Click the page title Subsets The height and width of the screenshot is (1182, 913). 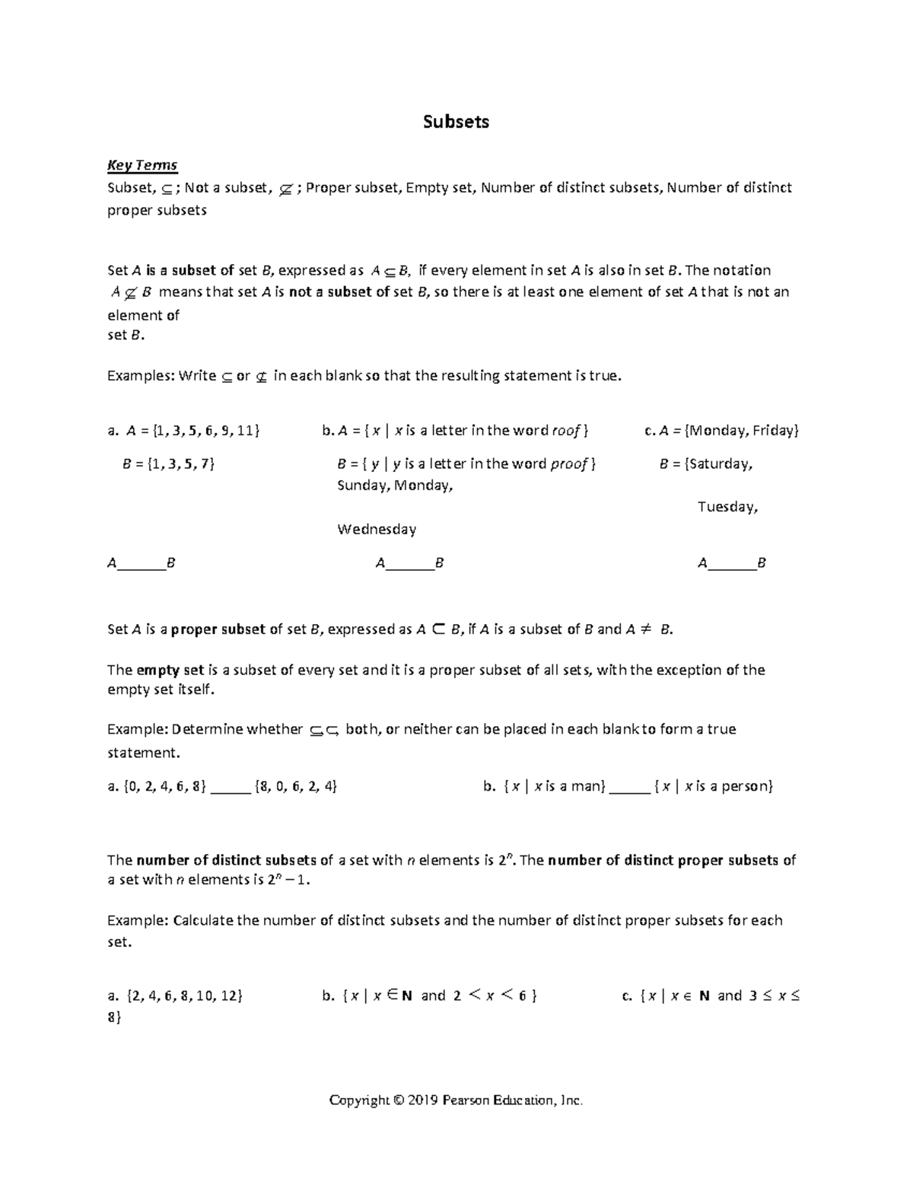click(x=456, y=122)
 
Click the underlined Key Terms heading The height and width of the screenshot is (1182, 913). click(x=142, y=165)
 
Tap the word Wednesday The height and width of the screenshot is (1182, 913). click(x=377, y=529)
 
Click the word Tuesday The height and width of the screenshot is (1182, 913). click(x=727, y=507)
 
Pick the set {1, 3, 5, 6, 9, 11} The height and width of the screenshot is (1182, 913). click(x=206, y=431)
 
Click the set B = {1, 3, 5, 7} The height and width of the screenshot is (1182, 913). click(x=168, y=464)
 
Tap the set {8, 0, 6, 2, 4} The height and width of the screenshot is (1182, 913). click(x=297, y=787)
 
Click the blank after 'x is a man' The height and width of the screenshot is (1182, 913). click(x=630, y=788)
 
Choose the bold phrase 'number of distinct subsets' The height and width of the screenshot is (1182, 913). click(x=226, y=861)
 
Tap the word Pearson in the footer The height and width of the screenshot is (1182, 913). click(x=466, y=1101)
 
